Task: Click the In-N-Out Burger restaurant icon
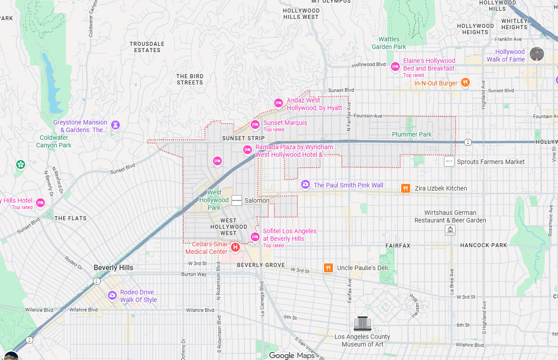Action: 465,82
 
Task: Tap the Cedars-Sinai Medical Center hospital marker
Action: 235,247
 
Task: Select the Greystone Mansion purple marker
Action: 116,124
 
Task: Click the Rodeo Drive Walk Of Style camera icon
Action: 112,295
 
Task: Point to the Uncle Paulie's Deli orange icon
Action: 328,268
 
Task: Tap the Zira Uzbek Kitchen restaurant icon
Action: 406,188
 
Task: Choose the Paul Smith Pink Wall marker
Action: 306,184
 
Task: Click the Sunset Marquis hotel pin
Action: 255,124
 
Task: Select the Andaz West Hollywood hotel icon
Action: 278,103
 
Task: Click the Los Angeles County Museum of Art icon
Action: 363,324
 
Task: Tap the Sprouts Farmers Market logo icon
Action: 449,161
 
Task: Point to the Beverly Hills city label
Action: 113,267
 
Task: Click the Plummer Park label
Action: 412,134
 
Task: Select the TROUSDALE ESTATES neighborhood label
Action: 147,47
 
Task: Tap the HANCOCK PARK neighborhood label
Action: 483,245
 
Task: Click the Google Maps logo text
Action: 292,356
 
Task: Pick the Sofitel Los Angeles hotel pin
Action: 255,237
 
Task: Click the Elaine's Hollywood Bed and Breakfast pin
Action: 395,67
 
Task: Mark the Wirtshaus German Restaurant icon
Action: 450,230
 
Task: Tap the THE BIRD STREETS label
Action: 190,80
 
